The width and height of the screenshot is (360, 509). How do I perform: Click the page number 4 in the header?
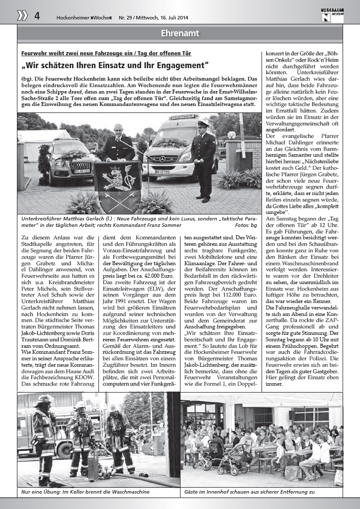click(37, 15)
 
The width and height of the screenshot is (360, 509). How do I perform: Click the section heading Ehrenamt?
click(180, 33)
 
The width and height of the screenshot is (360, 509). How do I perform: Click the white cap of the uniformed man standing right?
click(202, 123)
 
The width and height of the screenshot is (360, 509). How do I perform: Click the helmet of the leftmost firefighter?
click(44, 400)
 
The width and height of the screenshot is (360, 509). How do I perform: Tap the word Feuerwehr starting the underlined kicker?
click(35, 53)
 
